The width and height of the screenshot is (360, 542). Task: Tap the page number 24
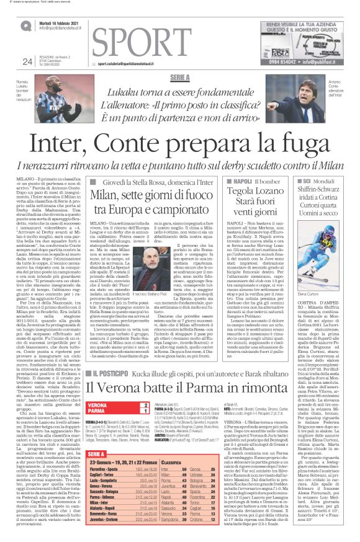pyautogui.click(x=27, y=61)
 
